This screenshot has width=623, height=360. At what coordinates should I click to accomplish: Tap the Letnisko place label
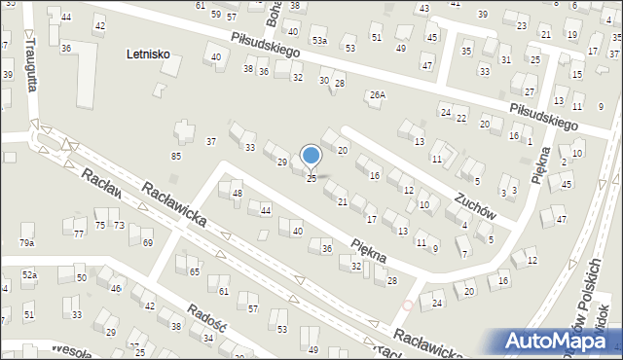point(148,54)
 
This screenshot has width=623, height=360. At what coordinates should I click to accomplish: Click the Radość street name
point(207,317)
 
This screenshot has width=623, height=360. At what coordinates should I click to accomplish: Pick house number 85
point(176,156)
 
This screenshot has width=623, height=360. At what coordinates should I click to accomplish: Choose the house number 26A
point(377,94)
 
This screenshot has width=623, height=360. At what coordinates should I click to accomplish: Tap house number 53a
point(319,41)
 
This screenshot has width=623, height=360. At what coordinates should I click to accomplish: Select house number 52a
point(30,276)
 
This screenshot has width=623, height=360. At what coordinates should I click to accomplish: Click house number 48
point(238,194)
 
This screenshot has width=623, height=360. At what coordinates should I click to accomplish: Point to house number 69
point(147,242)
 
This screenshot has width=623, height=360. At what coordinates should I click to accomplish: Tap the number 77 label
point(79,234)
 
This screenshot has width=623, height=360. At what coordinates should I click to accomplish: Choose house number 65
point(195,271)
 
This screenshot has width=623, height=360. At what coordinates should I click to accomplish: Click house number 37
point(210,142)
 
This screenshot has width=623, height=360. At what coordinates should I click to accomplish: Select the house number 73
point(119,225)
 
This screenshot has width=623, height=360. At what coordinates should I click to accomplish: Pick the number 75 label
point(99,225)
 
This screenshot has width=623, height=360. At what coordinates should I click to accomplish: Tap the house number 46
point(116,288)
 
